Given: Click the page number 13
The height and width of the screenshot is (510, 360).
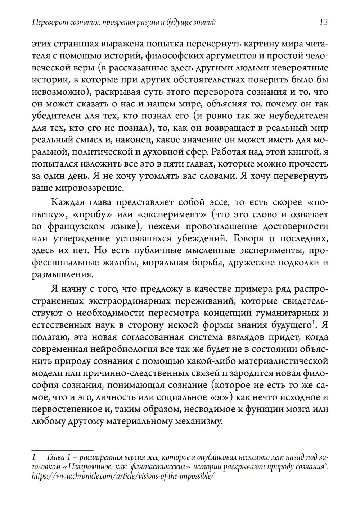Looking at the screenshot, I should click(323, 22).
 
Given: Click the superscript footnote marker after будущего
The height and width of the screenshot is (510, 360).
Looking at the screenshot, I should click(312, 323).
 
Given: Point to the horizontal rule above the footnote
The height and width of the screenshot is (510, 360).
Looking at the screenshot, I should click(62, 450).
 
